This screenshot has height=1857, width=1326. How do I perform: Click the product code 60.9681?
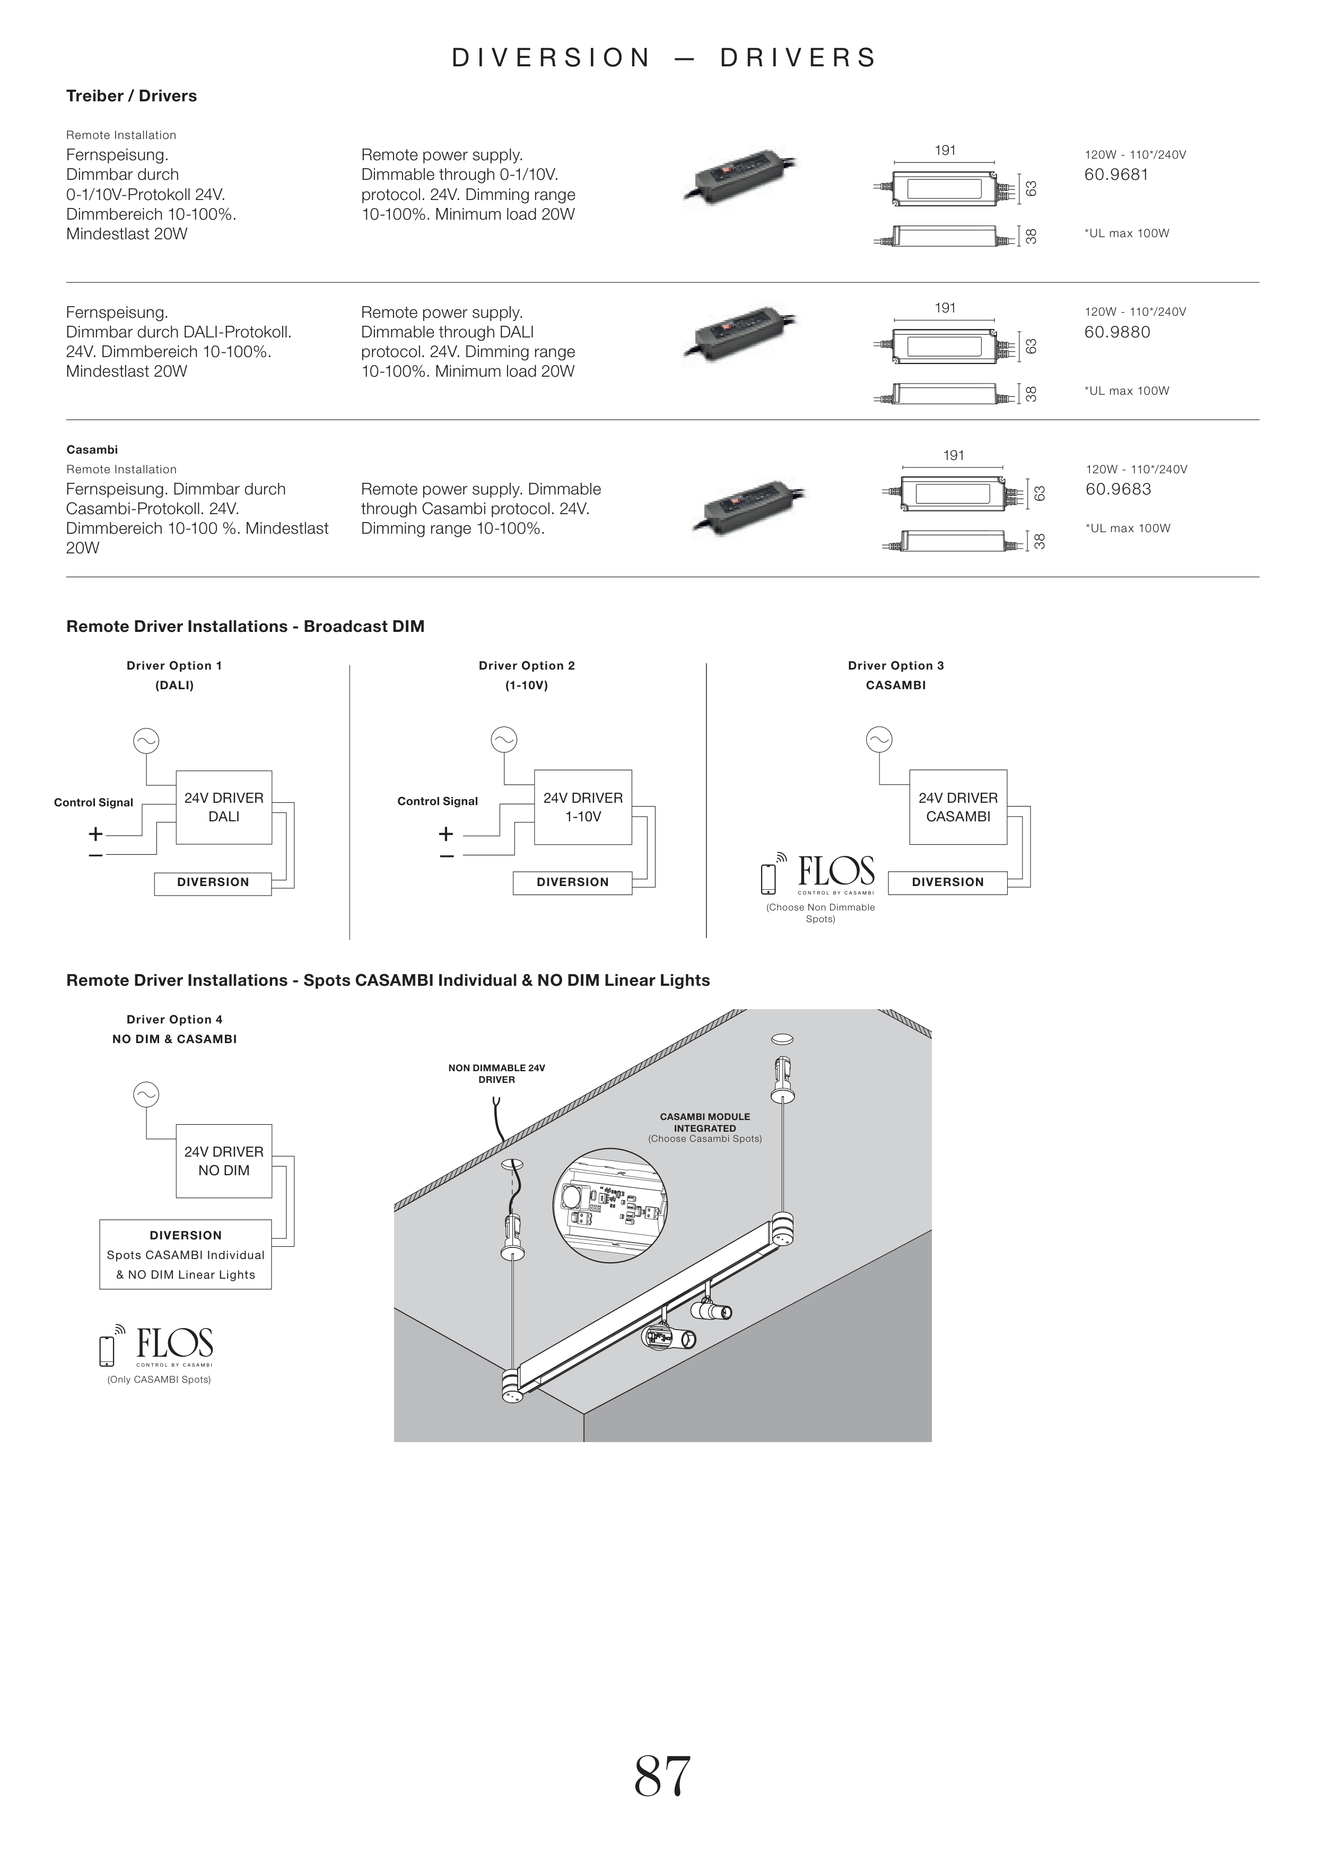click(1115, 175)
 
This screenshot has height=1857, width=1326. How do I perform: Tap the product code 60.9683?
click(1118, 489)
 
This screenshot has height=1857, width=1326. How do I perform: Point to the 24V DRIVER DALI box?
click(224, 807)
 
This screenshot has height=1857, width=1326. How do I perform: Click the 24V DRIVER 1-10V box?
click(583, 807)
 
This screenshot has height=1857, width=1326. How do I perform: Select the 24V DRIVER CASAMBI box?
click(958, 807)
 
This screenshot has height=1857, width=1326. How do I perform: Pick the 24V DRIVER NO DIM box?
click(224, 1160)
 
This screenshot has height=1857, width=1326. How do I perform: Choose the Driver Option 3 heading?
click(896, 665)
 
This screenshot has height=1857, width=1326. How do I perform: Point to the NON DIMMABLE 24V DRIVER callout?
click(496, 1073)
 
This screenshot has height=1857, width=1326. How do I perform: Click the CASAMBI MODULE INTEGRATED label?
click(705, 1122)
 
